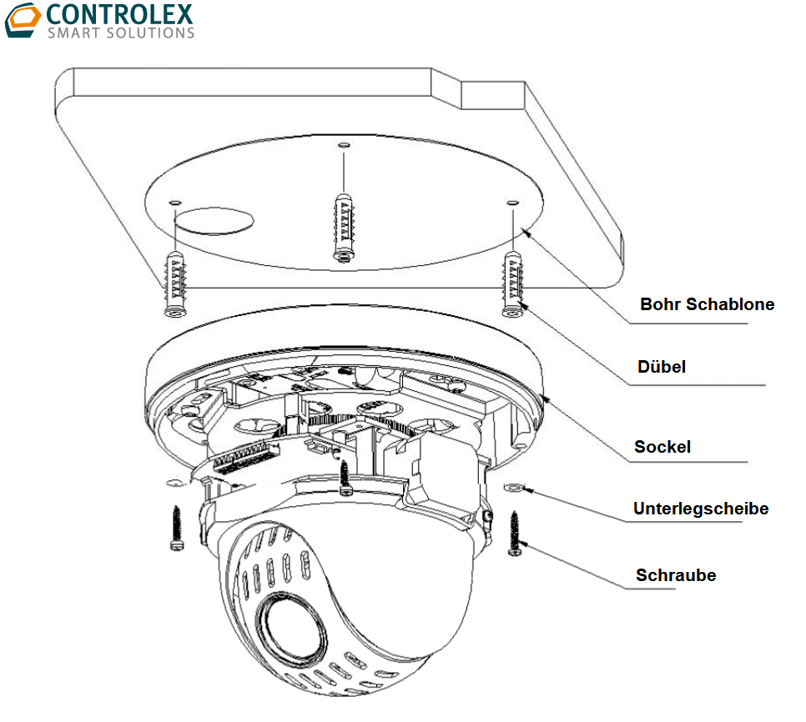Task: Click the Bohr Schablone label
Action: point(707,304)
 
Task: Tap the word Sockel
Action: point(662,447)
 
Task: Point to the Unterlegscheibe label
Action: point(700,509)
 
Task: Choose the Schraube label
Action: point(675,575)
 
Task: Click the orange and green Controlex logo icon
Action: point(22,21)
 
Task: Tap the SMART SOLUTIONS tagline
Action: point(120,33)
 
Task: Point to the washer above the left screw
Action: point(174,482)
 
